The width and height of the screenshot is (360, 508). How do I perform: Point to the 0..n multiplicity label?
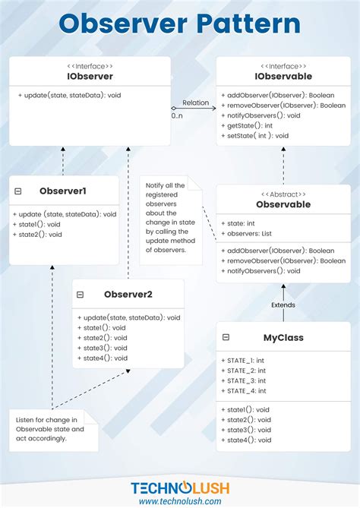coord(177,115)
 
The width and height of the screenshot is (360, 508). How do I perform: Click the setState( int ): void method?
coord(257,135)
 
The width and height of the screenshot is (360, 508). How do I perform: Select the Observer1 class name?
coord(63,192)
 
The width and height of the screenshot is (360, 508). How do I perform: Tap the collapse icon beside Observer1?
coord(18,192)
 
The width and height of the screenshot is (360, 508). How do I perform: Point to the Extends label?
coord(283,305)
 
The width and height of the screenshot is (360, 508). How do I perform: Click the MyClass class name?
coord(283,336)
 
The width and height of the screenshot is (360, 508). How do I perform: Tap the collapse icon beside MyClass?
coord(226,336)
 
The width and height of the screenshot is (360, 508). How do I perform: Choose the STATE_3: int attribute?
coord(246,380)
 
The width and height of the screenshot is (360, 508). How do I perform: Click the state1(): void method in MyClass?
coord(248,410)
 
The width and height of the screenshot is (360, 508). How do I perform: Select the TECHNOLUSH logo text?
coord(180,487)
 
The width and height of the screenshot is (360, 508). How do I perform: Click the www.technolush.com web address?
coord(180,501)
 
